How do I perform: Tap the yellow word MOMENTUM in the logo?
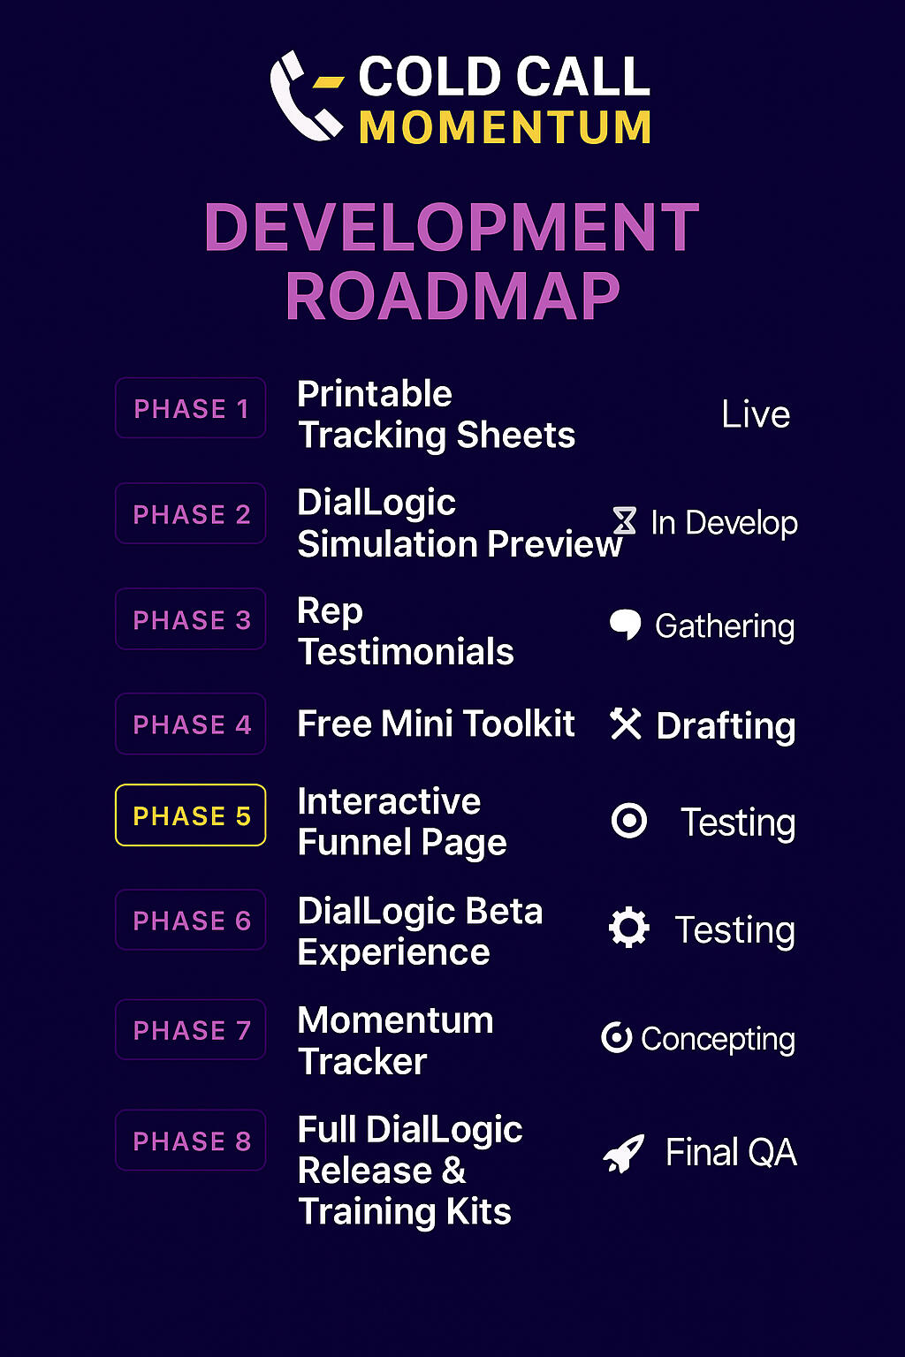pos(505,127)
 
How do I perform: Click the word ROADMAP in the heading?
pos(452,296)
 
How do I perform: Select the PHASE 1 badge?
pos(190,407)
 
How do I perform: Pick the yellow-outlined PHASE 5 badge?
pos(190,815)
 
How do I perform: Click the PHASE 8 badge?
pos(190,1141)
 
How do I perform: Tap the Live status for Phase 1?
pos(756,415)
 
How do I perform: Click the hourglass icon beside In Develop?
pos(625,520)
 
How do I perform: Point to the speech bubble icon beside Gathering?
pos(625,625)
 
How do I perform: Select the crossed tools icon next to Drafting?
pos(626,724)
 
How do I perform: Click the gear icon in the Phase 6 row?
pos(628,927)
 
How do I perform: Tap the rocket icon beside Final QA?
pos(624,1153)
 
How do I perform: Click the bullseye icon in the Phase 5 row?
pos(629,821)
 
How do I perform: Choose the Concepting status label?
pos(719,1040)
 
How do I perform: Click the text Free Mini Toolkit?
pos(436,724)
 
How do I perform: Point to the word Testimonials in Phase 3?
pos(406,652)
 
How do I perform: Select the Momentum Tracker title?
pos(395,1041)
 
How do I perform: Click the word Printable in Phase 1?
pos(375,394)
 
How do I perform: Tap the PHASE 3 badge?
pos(190,618)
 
